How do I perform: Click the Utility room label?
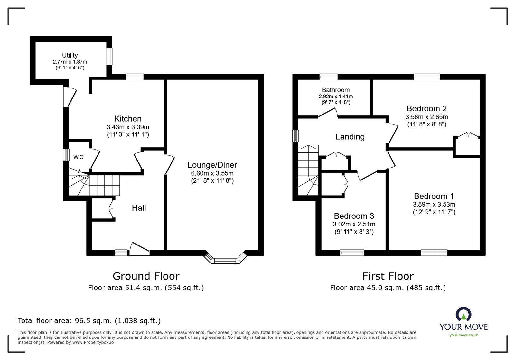[70, 55]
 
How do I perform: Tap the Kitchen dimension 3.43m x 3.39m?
[128, 127]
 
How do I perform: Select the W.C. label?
[79, 157]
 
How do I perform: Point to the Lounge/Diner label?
[212, 165]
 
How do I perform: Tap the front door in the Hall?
[139, 249]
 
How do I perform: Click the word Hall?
[139, 208]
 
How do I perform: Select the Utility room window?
[109, 57]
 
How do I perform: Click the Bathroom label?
[335, 90]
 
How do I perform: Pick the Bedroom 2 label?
[426, 108]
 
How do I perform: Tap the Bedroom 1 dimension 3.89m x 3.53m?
[434, 204]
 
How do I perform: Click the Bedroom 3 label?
[354, 216]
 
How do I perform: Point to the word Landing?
[350, 137]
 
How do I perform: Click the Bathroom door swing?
[328, 113]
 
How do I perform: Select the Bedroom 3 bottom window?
[352, 253]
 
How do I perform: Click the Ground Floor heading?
[146, 276]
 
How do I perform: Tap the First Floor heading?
[388, 276]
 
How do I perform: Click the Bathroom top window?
[329, 77]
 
